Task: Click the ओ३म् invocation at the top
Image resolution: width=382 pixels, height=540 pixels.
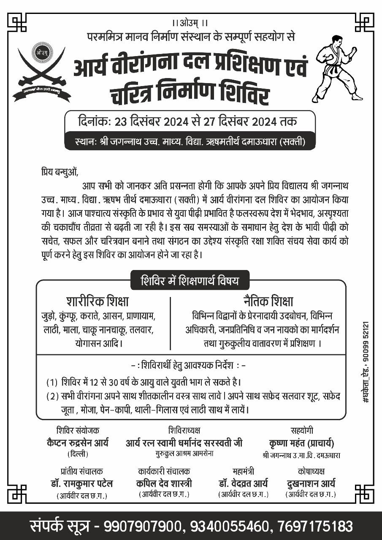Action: (x=190, y=23)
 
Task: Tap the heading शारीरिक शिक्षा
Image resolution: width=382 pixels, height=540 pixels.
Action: (x=98, y=302)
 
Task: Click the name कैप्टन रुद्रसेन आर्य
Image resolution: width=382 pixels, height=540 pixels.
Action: (x=78, y=443)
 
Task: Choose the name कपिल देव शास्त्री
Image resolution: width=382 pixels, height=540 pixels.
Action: (x=164, y=483)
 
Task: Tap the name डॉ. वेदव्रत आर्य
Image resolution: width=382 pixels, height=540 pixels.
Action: (x=243, y=483)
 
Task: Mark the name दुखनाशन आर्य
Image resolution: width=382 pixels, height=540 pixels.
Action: (x=310, y=483)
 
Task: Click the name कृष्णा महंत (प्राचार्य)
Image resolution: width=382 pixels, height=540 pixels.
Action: (x=301, y=443)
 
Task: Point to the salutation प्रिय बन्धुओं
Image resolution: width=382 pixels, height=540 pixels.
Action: (x=60, y=172)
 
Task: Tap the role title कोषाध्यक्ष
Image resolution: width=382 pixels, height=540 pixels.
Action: (x=311, y=471)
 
